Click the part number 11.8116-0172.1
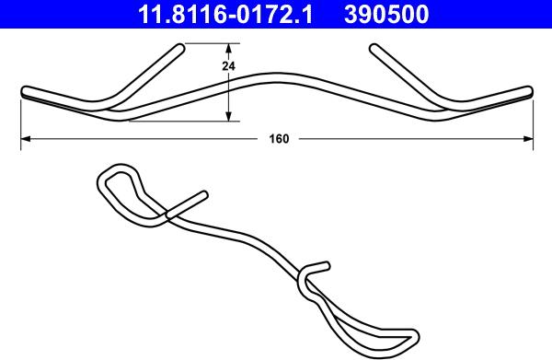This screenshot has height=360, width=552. pos(225,15)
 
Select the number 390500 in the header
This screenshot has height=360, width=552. pos(386,15)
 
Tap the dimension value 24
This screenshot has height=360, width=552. pos(228,66)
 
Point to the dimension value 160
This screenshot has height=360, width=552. pos(279,139)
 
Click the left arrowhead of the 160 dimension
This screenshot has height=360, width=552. pos(26,139)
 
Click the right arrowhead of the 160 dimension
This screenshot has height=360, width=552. pos(528,139)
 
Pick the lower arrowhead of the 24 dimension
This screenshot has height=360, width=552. pos(228,116)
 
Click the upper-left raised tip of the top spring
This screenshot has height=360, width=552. pos(179,48)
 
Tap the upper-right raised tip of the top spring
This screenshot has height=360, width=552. pos(374,48)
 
